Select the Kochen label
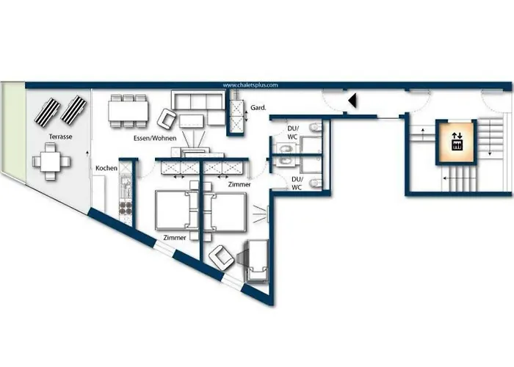point(106,168)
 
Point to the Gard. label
point(258,108)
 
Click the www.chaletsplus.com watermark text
point(250,85)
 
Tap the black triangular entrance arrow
point(352,101)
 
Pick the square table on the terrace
point(50,161)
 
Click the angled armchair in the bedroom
point(222,258)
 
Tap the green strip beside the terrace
point(12,132)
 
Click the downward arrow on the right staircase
point(488,143)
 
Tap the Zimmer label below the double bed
point(174,239)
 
